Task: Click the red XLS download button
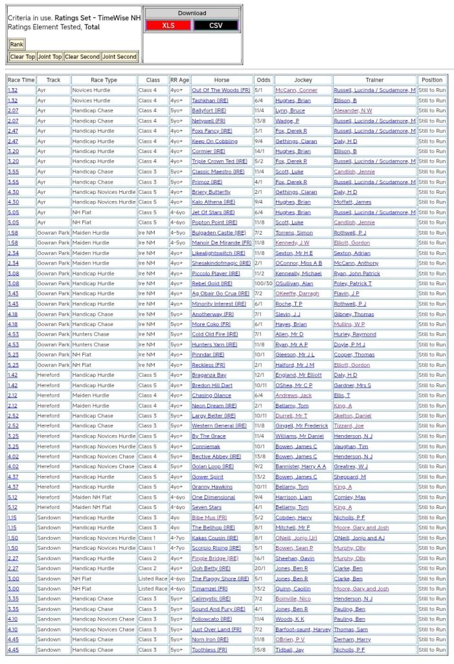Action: [x=168, y=25]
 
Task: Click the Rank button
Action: [x=17, y=44]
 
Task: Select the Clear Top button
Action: [x=22, y=57]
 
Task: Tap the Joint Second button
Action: [x=120, y=57]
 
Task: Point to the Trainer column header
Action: [x=374, y=80]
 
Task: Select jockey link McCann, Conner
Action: [x=296, y=90]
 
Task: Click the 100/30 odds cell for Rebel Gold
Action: [x=264, y=283]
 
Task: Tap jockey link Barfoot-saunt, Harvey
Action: [x=303, y=629]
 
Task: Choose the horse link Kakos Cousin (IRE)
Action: [x=215, y=538]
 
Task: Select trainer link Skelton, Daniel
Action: [x=352, y=416]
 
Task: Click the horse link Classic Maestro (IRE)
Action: [x=218, y=172]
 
